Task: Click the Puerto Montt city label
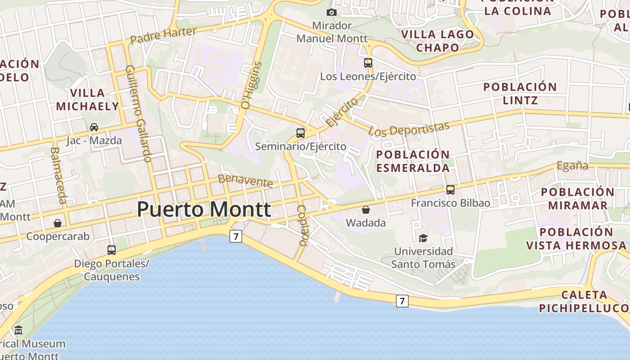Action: [x=204, y=210]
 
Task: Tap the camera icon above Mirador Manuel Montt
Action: [x=332, y=12]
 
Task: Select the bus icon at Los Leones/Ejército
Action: [x=368, y=63]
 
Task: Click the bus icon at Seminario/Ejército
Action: [x=301, y=133]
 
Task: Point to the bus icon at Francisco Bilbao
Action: [x=450, y=190]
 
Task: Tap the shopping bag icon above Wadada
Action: [x=366, y=210]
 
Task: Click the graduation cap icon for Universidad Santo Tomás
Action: [x=423, y=238]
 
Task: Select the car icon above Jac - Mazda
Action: [x=94, y=127]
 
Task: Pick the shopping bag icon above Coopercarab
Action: [x=58, y=223]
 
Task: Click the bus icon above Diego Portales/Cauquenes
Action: [x=112, y=250]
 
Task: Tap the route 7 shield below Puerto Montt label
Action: [x=236, y=236]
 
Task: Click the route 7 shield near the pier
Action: [x=402, y=301]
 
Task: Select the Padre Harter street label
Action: [x=163, y=35]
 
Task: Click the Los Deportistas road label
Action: [x=409, y=129]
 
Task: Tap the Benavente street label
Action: [x=245, y=181]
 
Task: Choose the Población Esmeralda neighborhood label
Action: [x=413, y=161]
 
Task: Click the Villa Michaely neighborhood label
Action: [x=88, y=99]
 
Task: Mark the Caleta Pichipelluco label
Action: [x=584, y=301]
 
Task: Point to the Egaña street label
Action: [x=572, y=166]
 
